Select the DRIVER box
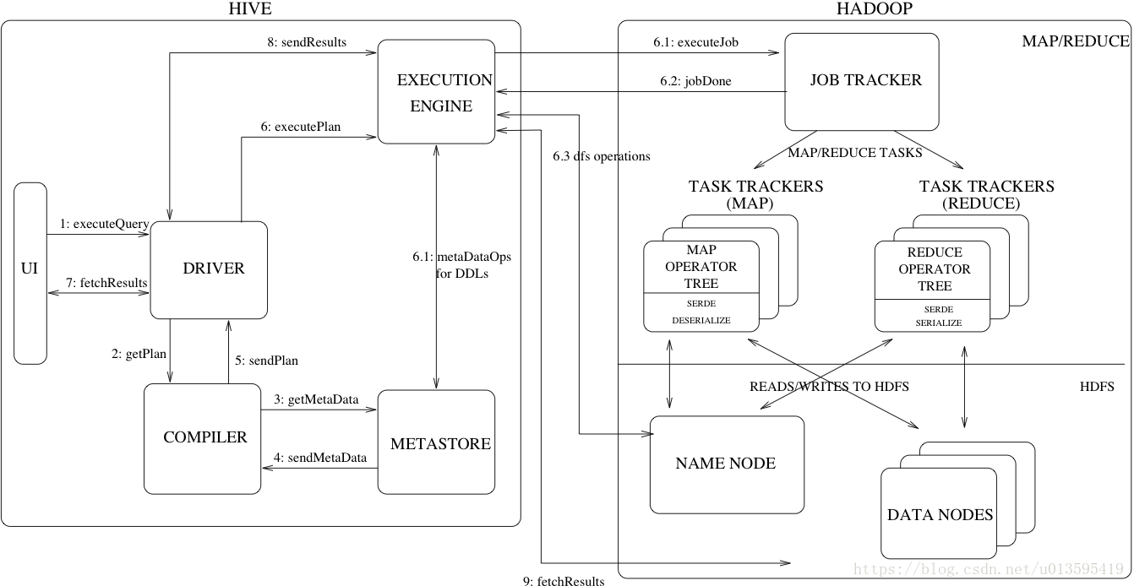209,269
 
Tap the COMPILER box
202,438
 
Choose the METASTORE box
436,442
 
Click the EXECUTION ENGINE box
436,92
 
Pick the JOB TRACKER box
862,81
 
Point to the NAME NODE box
726,464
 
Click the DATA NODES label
940,514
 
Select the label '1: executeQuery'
105,225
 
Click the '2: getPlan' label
139,355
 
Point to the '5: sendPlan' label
267,360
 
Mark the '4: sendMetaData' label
320,458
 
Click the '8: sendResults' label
306,42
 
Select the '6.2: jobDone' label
695,82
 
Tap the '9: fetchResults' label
564,580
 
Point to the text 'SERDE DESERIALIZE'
701,312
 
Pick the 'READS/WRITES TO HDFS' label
829,387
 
